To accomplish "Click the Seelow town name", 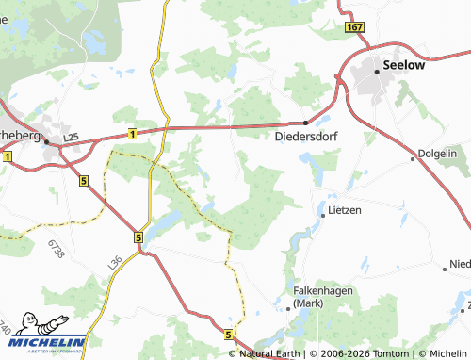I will tap(404, 67).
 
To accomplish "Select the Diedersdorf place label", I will tap(306, 136).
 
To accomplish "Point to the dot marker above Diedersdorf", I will tap(305, 123).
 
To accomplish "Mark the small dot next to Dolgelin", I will tap(413, 158).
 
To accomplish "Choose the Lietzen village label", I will tap(346, 209).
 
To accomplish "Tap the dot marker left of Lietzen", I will tap(323, 215).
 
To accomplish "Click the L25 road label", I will tap(72, 138).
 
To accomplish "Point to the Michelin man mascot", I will tap(15, 336).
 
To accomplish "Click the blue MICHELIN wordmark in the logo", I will tap(57, 343).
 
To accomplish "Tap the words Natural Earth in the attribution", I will tap(272, 353).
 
